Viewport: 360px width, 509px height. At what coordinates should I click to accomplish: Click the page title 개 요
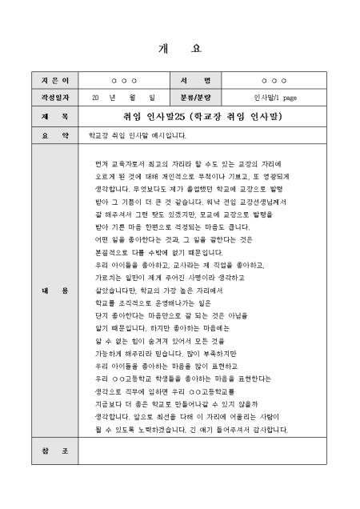pos(180,48)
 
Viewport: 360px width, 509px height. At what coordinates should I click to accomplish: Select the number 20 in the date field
pos(95,98)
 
